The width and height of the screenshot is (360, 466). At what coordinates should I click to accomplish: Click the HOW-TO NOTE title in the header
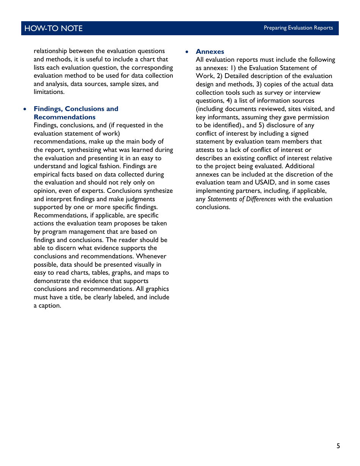(x=53, y=28)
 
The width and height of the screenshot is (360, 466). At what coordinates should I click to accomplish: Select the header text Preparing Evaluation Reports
(x=298, y=28)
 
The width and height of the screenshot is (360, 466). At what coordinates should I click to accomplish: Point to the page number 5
(x=338, y=446)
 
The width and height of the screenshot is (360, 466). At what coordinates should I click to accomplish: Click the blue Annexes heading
(x=210, y=52)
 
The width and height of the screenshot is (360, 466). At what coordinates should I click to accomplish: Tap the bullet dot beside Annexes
(x=187, y=52)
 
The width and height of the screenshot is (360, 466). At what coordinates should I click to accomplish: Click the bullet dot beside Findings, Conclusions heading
(x=25, y=109)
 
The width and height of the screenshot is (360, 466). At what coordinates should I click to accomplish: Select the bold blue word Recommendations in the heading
(x=64, y=117)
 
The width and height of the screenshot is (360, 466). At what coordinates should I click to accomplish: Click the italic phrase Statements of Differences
(x=241, y=199)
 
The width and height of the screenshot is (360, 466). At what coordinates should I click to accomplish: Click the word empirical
(x=47, y=175)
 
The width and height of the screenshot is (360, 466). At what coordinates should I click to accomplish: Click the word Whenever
(x=151, y=256)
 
